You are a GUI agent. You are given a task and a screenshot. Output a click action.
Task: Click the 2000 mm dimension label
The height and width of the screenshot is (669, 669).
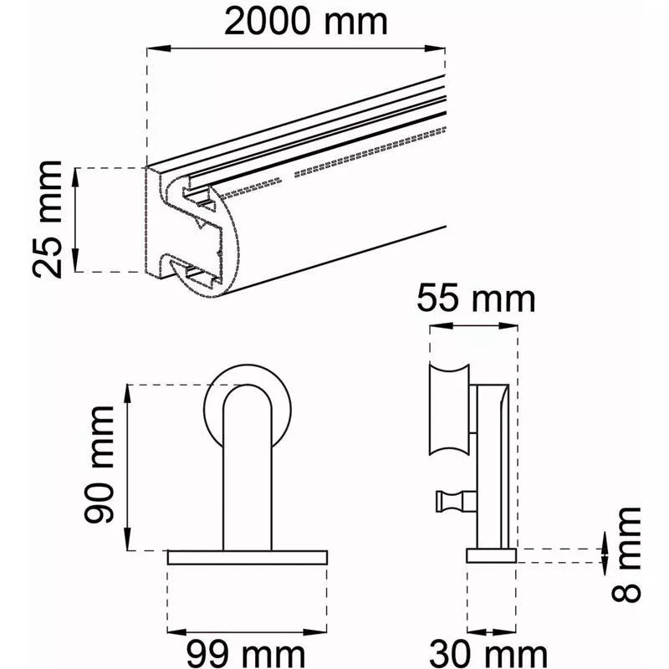pyautogui.click(x=305, y=22)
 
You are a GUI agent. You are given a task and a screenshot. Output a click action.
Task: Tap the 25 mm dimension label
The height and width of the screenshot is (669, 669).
pyautogui.click(x=48, y=220)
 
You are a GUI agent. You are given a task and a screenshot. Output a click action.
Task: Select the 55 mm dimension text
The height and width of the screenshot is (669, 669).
pyautogui.click(x=476, y=298)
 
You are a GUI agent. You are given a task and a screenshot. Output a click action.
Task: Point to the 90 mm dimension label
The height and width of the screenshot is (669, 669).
pyautogui.click(x=99, y=465)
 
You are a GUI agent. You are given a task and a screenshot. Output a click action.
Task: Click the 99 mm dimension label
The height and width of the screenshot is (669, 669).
pyautogui.click(x=246, y=654)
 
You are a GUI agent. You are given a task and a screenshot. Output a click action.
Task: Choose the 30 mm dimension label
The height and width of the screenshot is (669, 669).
pyautogui.click(x=488, y=654)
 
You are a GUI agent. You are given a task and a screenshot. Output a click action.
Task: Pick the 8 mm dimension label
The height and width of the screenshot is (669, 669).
pyautogui.click(x=626, y=554)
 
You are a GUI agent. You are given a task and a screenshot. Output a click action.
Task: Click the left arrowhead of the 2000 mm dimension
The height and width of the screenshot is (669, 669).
pyautogui.click(x=159, y=49)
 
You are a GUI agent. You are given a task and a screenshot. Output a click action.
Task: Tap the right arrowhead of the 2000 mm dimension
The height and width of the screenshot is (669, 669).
pyautogui.click(x=434, y=49)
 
